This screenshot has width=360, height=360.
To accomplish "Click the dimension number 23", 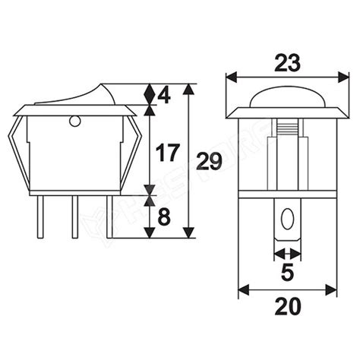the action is pos(287,62).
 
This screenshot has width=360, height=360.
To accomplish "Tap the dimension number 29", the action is pos(210,161).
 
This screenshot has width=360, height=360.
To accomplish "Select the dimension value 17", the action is pos(168,153).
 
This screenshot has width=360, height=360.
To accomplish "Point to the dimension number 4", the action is pos(164,96).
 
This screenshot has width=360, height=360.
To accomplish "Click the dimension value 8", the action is pos(164,217).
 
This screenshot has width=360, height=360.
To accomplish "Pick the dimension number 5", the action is pos(287,272).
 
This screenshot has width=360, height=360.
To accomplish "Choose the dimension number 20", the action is pos(288,306).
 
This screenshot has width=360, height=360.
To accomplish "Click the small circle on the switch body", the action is pos(74,122).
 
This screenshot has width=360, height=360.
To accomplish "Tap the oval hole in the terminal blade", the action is pos(287,219).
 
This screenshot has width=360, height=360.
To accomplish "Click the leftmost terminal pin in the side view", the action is pos(40,217).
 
